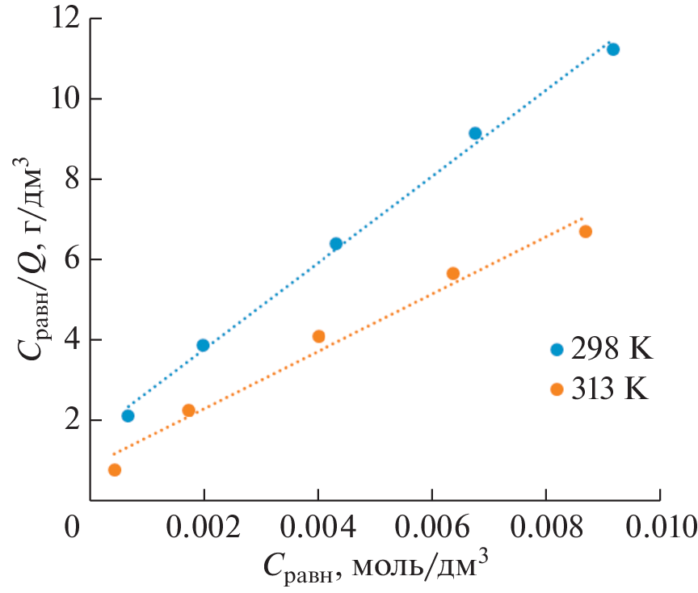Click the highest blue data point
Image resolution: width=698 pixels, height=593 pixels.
(x=612, y=49)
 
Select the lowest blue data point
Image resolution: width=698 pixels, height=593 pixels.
(x=128, y=416)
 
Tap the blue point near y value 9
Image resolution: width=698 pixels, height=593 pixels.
(x=475, y=133)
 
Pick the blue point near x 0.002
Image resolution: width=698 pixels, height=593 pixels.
(x=203, y=345)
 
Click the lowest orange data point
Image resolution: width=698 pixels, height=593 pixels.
(x=115, y=470)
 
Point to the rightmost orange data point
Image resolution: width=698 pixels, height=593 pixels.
(x=586, y=232)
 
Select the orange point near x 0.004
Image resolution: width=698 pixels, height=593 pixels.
(x=318, y=336)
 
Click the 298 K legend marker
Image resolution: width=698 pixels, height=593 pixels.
(x=556, y=350)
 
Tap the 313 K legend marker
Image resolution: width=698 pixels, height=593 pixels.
(x=556, y=389)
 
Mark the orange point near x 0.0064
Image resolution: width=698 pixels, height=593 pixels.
(x=453, y=274)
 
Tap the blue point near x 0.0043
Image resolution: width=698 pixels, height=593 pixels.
(x=336, y=244)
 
